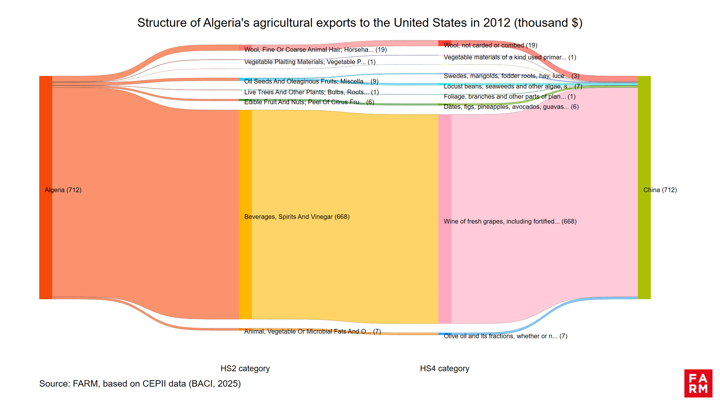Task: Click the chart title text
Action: (x=360, y=23)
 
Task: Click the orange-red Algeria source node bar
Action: (x=45, y=187)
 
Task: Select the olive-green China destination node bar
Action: (x=644, y=187)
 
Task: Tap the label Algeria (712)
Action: (x=63, y=190)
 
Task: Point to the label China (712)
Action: (x=660, y=190)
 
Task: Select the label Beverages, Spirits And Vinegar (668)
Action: (x=297, y=217)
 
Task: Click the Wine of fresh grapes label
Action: (x=510, y=222)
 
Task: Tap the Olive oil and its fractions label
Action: (x=505, y=336)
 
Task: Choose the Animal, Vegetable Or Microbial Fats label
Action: (x=312, y=331)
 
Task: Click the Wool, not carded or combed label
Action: (x=490, y=45)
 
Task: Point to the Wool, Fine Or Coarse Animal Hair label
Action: (x=315, y=50)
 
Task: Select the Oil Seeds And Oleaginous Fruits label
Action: (x=311, y=81)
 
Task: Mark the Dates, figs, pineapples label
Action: (x=511, y=107)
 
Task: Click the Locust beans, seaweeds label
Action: (x=513, y=86)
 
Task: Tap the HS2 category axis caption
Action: (x=245, y=369)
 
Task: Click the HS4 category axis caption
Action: (x=444, y=369)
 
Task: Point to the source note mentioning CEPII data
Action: (x=140, y=384)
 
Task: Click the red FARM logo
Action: (x=698, y=383)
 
